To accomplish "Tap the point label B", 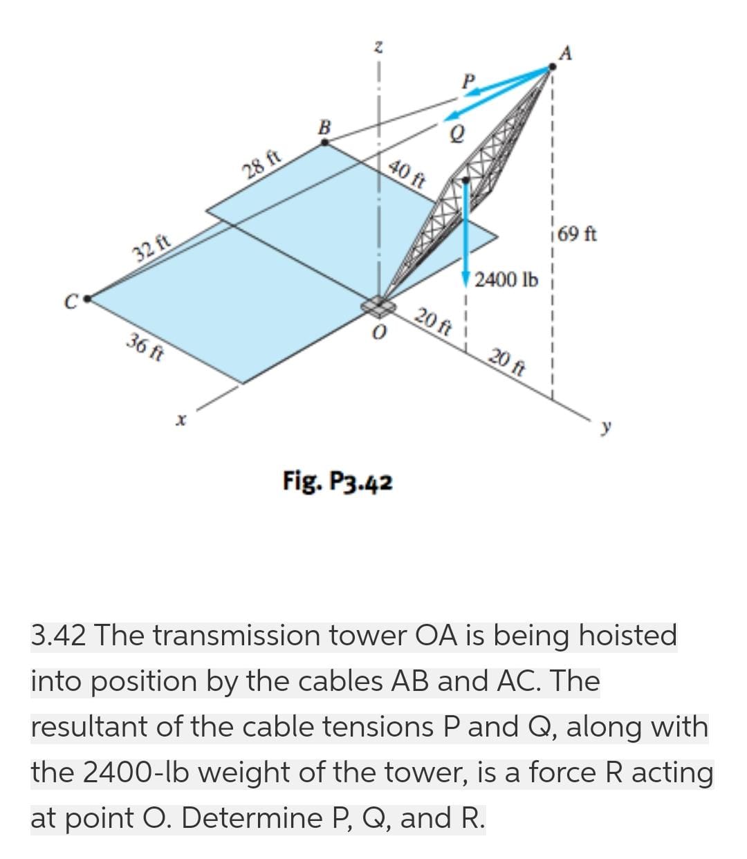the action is [x=324, y=127].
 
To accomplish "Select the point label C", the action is [x=71, y=301].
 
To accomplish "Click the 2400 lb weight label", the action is [x=507, y=280].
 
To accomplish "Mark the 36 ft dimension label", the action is [x=145, y=347].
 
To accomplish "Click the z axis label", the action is [x=378, y=47].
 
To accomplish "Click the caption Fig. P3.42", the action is [x=338, y=481].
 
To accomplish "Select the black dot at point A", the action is [x=552, y=67].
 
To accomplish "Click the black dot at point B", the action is [x=325, y=142].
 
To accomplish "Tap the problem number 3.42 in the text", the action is [x=59, y=635].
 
